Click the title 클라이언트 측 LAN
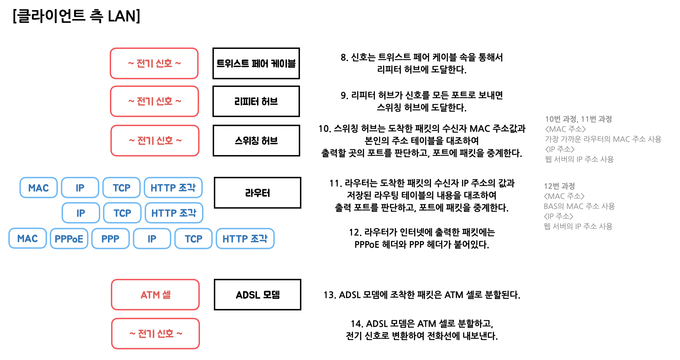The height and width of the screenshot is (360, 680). click(x=77, y=16)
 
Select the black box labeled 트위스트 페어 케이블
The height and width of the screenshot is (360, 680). click(x=256, y=63)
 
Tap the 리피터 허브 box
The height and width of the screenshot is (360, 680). click(x=256, y=101)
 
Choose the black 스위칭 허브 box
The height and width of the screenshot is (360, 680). click(x=256, y=141)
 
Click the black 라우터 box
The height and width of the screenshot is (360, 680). click(x=257, y=193)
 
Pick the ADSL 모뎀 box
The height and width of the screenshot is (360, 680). click(x=257, y=294)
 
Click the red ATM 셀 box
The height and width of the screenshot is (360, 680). click(x=155, y=294)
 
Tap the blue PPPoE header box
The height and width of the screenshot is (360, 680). click(x=69, y=239)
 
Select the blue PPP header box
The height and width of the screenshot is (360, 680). click(x=110, y=239)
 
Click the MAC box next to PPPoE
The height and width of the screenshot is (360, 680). click(x=28, y=239)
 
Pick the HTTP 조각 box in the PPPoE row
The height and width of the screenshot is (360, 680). click(x=245, y=239)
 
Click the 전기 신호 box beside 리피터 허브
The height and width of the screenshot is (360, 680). click(x=154, y=101)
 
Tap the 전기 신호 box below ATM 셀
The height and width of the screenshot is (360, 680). click(x=156, y=334)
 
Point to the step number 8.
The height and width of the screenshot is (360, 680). click(x=343, y=57)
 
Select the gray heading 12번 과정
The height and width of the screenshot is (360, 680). click(x=559, y=186)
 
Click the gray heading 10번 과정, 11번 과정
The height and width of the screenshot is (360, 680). click(x=578, y=119)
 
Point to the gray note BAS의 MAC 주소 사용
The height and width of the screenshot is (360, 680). click(x=579, y=206)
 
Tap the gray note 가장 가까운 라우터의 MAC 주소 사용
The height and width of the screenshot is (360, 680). click(x=603, y=139)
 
